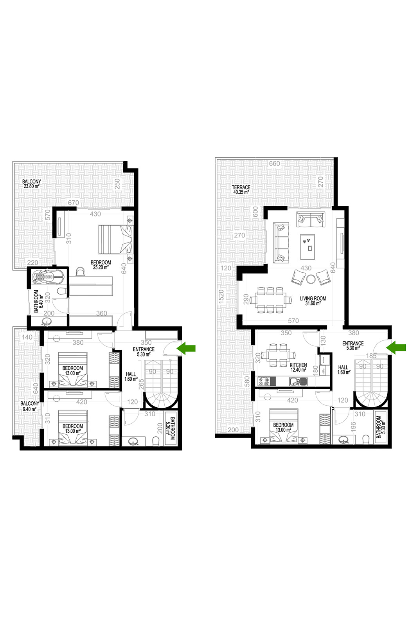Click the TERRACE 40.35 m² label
point(241,189)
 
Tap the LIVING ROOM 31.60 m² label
point(313,301)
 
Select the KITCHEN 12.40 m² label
point(298,367)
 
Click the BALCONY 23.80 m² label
point(32,183)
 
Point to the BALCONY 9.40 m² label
point(30,406)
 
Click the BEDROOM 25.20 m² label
point(101,264)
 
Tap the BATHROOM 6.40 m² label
point(38,301)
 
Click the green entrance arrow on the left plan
point(186,348)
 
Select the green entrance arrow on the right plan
point(396,347)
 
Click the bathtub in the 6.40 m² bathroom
point(49,277)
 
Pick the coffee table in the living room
point(307,247)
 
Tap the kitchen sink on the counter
point(298,381)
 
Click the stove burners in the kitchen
point(264,381)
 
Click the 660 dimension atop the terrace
point(274,164)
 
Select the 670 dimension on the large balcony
point(74,203)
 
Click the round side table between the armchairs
point(310,279)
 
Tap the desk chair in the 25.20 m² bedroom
point(81,272)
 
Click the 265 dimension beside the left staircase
point(141,384)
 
